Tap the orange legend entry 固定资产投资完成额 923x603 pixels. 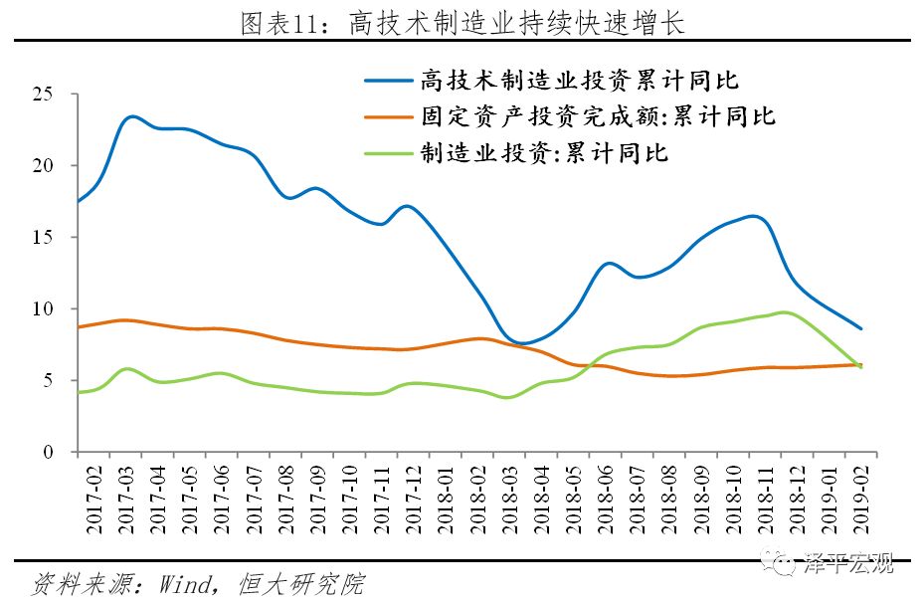[x=597, y=116]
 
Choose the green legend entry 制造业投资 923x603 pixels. [x=543, y=152]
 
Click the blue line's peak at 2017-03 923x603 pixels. [x=133, y=117]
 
